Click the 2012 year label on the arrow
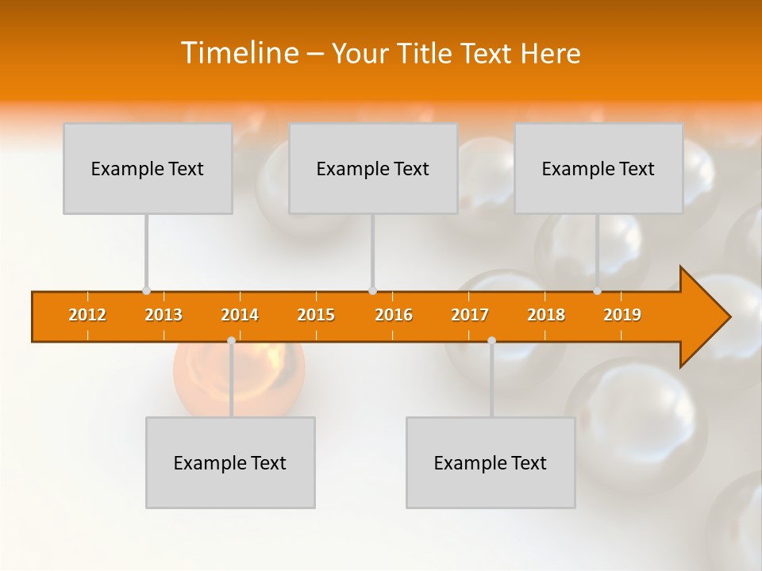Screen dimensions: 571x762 click(87, 316)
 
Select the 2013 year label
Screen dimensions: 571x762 click(164, 316)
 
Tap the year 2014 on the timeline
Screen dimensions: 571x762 click(240, 316)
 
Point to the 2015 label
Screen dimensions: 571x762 click(316, 316)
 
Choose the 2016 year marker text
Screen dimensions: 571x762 click(394, 316)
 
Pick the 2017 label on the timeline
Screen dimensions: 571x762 click(470, 316)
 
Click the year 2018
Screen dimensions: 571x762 click(546, 316)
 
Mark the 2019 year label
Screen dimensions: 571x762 click(622, 316)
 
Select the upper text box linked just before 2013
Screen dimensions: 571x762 click(148, 168)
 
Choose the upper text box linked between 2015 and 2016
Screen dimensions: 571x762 click(373, 168)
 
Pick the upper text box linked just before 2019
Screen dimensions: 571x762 click(598, 168)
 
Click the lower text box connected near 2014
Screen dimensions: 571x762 click(230, 462)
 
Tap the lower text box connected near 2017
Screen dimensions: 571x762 click(491, 462)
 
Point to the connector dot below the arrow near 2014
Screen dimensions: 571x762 click(231, 341)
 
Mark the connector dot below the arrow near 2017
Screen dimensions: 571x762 click(491, 341)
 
